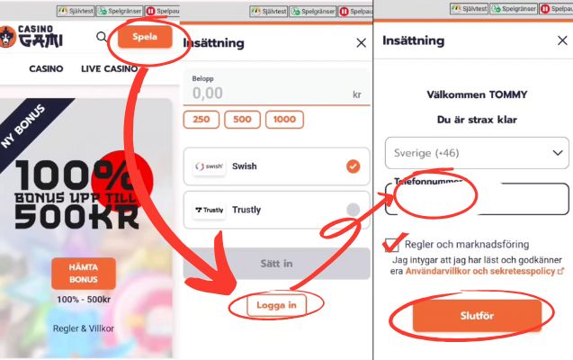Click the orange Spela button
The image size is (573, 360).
tap(145, 38)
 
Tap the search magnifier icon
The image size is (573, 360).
tap(102, 38)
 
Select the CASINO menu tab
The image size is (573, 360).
tap(46, 69)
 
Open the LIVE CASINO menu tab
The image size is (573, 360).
tap(109, 69)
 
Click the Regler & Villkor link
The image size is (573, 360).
tap(84, 328)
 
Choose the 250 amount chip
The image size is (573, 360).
tap(201, 120)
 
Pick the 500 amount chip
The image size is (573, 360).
tap(242, 120)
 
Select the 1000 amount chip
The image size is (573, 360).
tap(284, 120)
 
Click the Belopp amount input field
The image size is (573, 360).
tap(270, 93)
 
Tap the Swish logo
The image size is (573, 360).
tap(210, 166)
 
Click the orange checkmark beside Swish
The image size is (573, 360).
tap(353, 166)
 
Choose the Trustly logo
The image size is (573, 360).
tap(210, 210)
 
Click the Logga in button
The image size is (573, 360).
tap(276, 306)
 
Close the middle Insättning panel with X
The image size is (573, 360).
tap(361, 42)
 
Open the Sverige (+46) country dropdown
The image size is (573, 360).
tap(476, 152)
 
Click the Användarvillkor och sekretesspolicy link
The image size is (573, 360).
tap(484, 270)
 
